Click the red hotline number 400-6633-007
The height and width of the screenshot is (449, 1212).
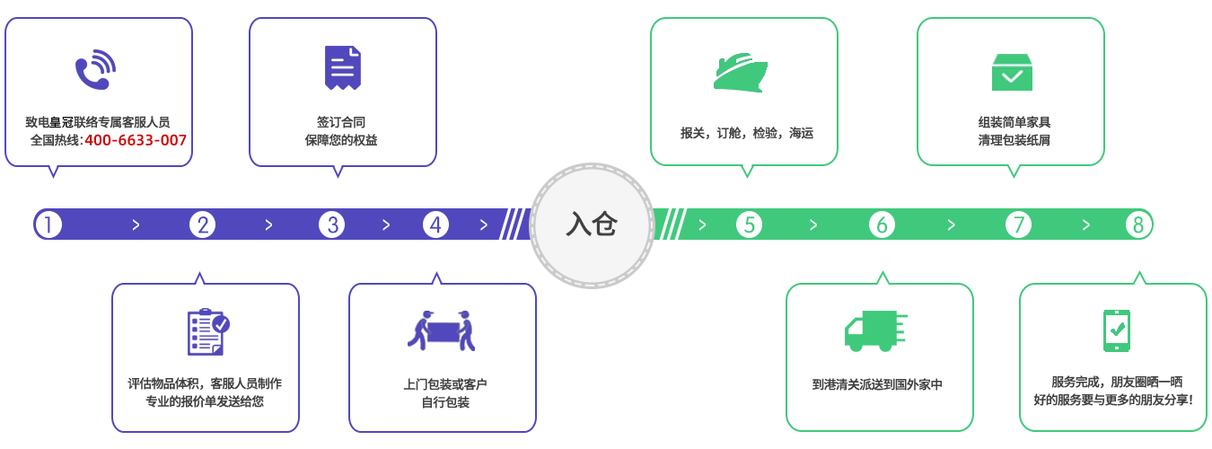(136, 140)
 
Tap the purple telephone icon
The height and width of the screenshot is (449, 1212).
(95, 70)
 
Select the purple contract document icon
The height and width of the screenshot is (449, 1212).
(342, 68)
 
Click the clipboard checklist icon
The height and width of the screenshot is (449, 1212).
(208, 331)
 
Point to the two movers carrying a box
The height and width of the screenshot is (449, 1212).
(442, 330)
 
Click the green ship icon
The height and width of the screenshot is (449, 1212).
(740, 73)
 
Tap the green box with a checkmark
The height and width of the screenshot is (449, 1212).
(1012, 72)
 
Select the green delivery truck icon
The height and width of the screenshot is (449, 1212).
(875, 331)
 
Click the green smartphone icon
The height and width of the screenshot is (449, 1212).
(1117, 330)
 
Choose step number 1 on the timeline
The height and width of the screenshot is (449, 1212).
(48, 224)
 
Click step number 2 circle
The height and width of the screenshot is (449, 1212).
(202, 224)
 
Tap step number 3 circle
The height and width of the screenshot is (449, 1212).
(331, 224)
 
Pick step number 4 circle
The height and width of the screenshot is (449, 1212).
(435, 224)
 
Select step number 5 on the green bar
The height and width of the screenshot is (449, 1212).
(750, 224)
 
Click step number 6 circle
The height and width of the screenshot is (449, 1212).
(882, 224)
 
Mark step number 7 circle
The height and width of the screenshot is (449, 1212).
(1018, 224)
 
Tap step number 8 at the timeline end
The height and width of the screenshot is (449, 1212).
(1138, 224)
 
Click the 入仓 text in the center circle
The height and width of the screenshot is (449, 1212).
(592, 224)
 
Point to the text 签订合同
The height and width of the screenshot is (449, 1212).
(341, 122)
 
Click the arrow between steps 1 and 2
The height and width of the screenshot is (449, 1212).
(136, 225)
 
